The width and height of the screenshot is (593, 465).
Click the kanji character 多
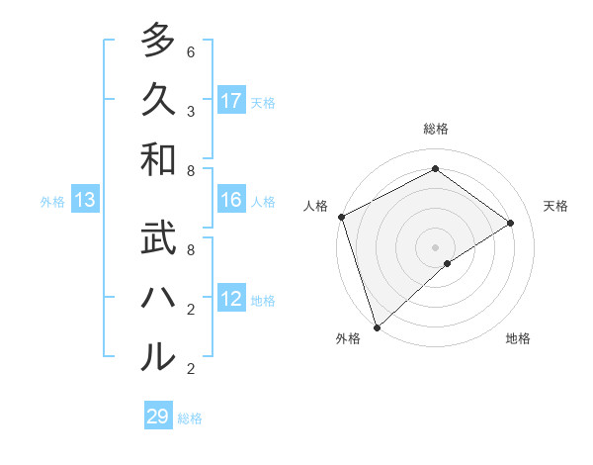[157, 41]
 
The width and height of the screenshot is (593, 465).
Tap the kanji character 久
[157, 100]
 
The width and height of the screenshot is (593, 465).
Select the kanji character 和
[157, 159]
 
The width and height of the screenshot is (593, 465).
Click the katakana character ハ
[157, 298]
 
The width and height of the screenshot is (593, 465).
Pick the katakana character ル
[157, 357]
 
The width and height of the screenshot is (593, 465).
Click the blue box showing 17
[231, 101]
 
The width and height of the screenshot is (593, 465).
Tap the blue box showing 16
[231, 201]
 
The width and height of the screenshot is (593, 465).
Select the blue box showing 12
[231, 300]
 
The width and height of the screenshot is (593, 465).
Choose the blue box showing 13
[85, 201]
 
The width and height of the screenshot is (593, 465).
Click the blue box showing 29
[158, 417]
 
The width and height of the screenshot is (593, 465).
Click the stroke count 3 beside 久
[190, 112]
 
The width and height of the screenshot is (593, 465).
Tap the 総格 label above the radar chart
[436, 129]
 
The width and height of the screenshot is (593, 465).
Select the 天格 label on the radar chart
[555, 206]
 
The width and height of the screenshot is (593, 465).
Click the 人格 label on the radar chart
[315, 206]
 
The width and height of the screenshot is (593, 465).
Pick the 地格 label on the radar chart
[518, 338]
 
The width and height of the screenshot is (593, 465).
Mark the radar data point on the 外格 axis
[376, 326]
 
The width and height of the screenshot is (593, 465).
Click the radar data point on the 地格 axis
[448, 263]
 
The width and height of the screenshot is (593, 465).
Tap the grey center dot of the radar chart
[435, 246]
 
